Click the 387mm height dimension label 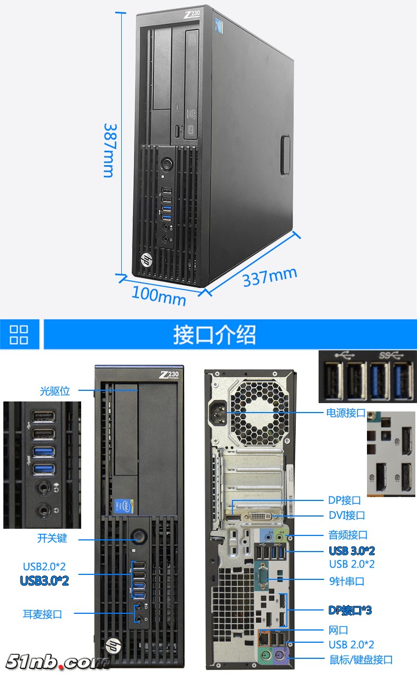tap(108, 150)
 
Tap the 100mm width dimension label tap(159, 296)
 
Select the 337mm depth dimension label tap(270, 277)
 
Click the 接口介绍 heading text tap(215, 335)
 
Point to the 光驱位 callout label tap(55, 391)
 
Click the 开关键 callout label tap(52, 538)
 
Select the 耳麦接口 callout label tap(42, 614)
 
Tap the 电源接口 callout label tap(346, 413)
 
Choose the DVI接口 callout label tap(347, 515)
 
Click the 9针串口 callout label tap(347, 581)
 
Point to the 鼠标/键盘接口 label tap(361, 659)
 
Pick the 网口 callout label tap(338, 630)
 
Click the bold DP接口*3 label tap(350, 610)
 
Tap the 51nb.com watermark tap(57, 662)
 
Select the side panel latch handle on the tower tap(286, 155)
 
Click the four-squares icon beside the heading tap(19, 335)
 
